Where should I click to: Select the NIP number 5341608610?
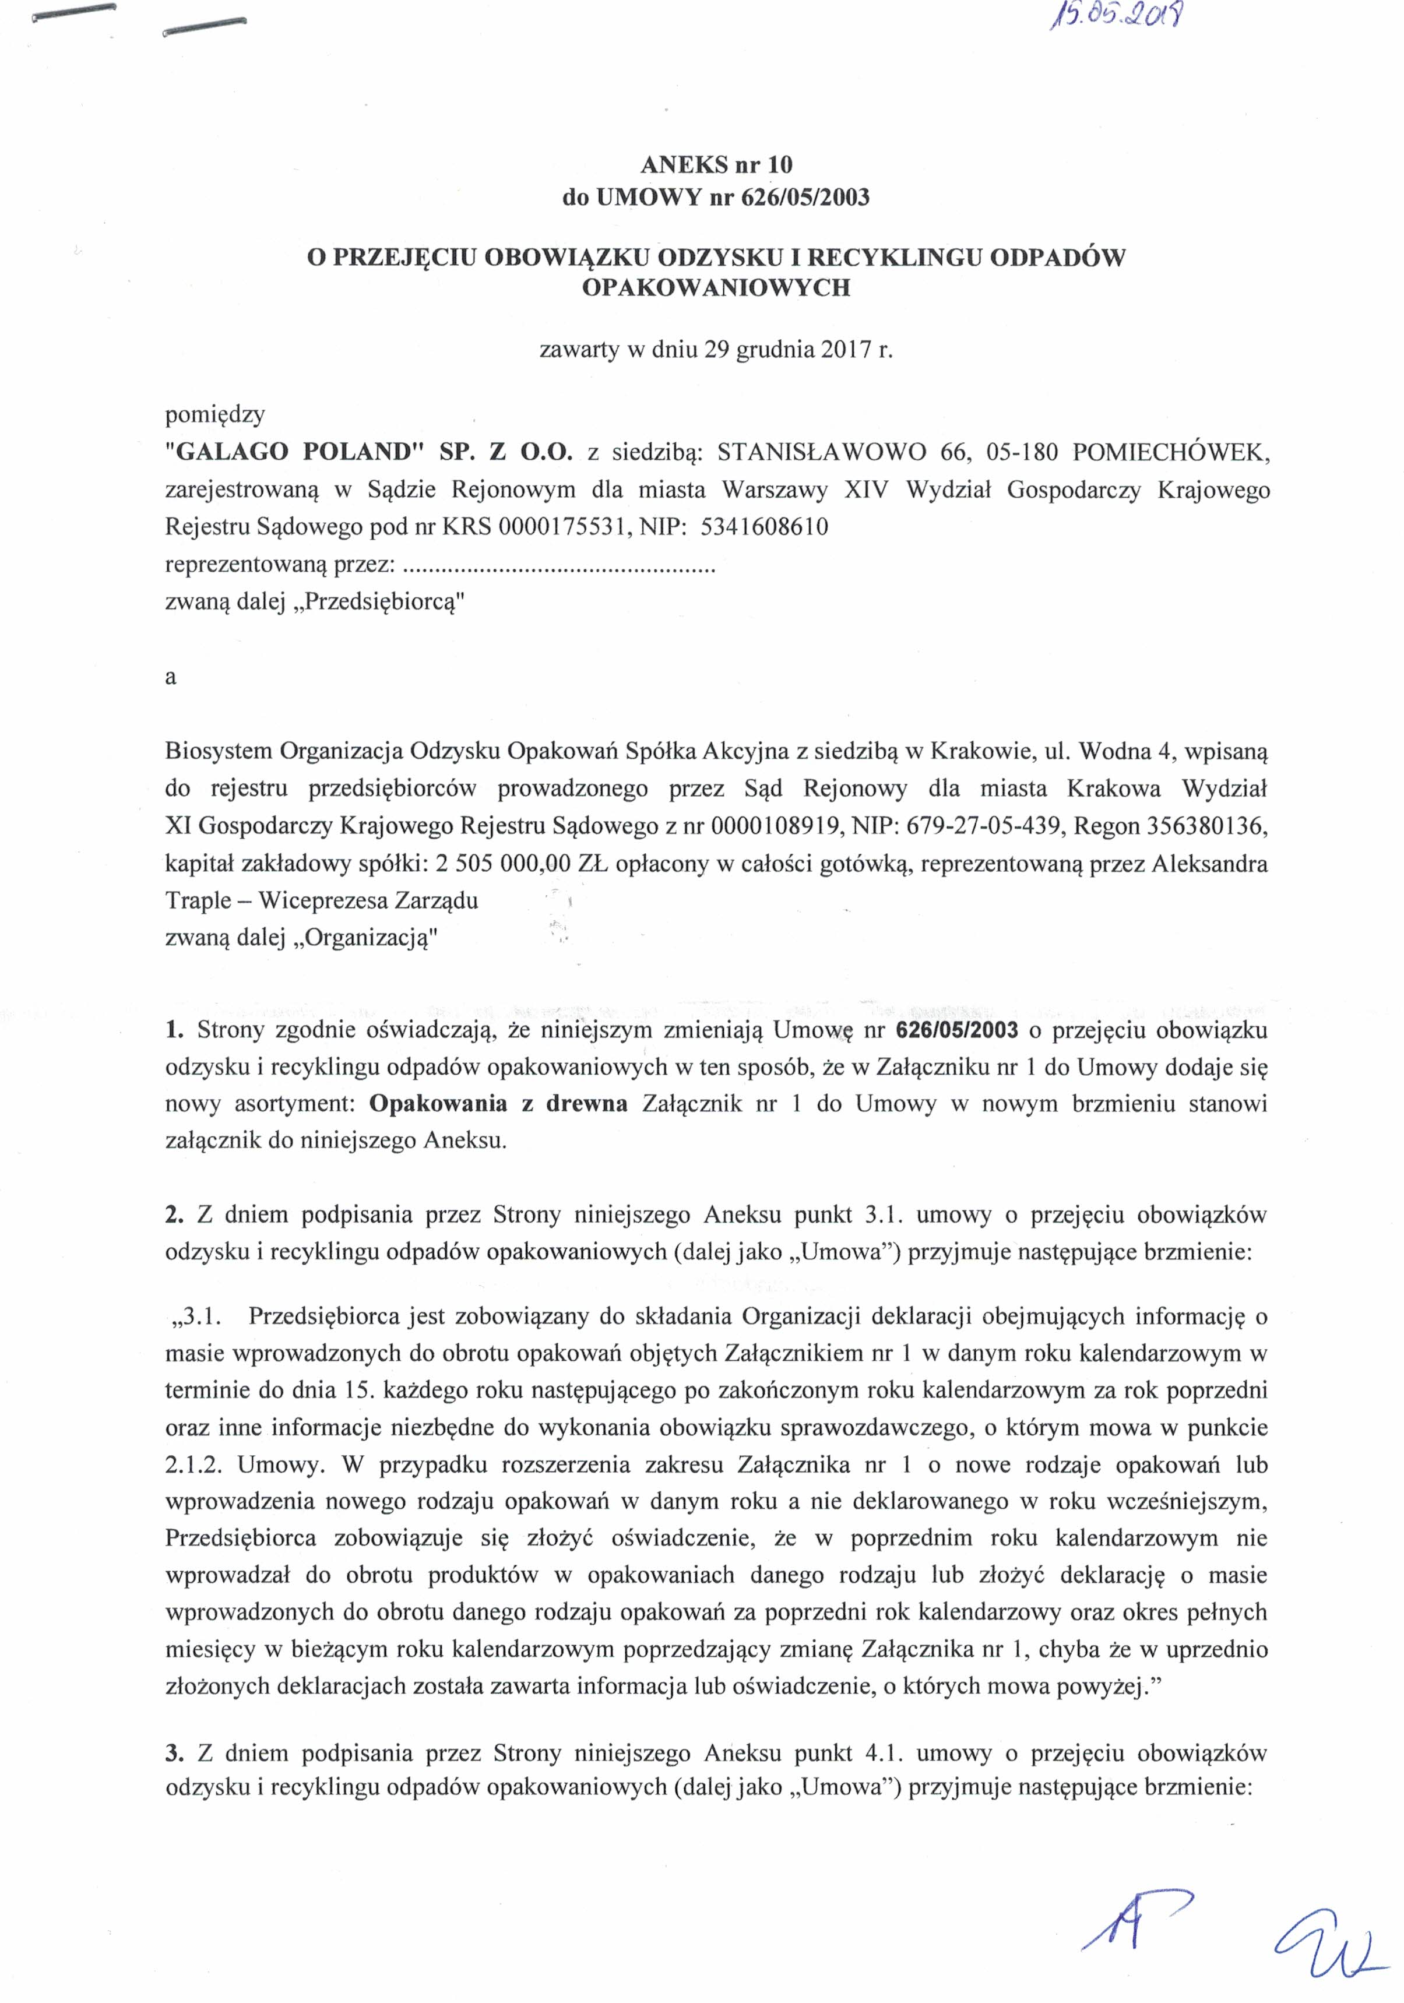(765, 527)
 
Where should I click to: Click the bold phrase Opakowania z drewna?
(498, 1104)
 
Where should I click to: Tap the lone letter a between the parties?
(171, 677)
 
